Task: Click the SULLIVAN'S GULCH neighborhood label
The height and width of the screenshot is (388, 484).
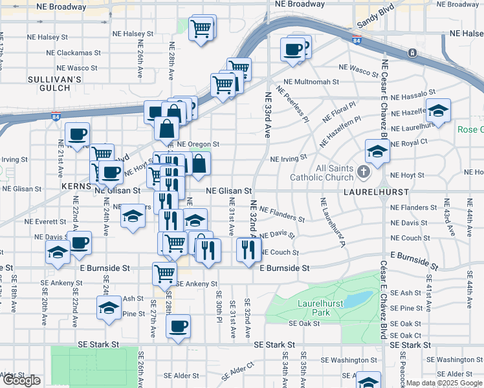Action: coord(54,83)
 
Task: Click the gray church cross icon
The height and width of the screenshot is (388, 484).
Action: coord(364,172)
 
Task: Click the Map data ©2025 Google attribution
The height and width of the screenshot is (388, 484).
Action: coord(444,383)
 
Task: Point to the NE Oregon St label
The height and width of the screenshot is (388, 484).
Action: coord(199,144)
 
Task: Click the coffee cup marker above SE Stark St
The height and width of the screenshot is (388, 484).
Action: coord(178,327)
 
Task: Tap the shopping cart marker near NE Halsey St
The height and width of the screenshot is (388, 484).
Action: coord(202,28)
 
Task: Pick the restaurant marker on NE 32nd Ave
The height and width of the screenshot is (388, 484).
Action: coord(249,249)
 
